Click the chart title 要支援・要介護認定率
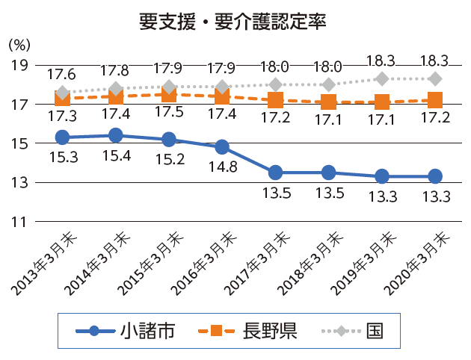click(233, 20)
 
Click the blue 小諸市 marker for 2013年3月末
click(63, 137)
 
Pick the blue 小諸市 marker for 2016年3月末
click(222, 147)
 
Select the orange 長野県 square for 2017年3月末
click(275, 100)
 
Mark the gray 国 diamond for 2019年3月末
click(381, 78)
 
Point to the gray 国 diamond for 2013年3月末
click(63, 93)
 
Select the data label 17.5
click(170, 116)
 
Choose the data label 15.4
click(117, 156)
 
